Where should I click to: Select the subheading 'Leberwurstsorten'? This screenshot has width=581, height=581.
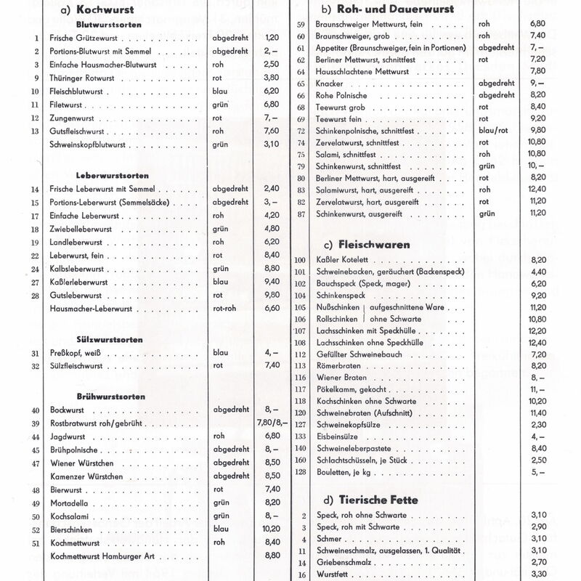pyautogui.click(x=113, y=176)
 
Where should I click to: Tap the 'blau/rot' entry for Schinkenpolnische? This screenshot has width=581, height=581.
pyautogui.click(x=494, y=131)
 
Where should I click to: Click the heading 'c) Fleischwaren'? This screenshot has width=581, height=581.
pyautogui.click(x=359, y=245)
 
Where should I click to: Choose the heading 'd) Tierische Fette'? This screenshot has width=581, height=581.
pyautogui.click(x=365, y=500)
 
